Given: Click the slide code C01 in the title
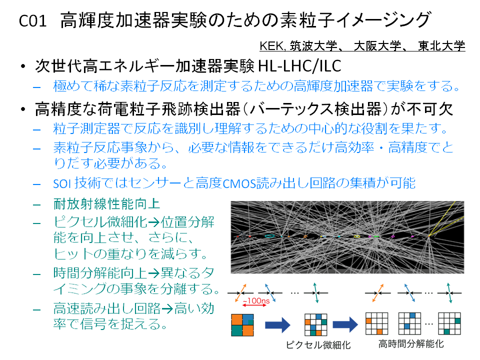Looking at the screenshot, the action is pos(33,21).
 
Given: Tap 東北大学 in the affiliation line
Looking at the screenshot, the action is pos(441,46).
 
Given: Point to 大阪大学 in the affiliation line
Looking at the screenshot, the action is pos(377,46).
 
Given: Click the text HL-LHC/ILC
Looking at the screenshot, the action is pos(299,66).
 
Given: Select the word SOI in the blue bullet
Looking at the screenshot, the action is pos(62,183).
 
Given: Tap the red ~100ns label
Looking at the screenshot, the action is pos(256,300).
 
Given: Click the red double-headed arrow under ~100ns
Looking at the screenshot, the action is pos(254,305).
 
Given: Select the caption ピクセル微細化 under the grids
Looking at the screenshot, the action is pos(318,345).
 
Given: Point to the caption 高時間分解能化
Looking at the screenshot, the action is pos(411,344).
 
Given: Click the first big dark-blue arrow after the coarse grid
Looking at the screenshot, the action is pos(277,325).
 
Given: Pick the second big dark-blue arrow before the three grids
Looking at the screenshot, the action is pos(345,324).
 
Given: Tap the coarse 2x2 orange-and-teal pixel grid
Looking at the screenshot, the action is pos(242,325).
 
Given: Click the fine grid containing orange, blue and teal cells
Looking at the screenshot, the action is pos(316,324).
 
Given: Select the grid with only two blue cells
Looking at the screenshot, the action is pos(409,323).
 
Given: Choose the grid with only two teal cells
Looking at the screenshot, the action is pos(449,323).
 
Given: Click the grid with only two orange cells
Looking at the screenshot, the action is pos(377,323).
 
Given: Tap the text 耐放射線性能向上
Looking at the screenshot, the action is pos(106,204).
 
